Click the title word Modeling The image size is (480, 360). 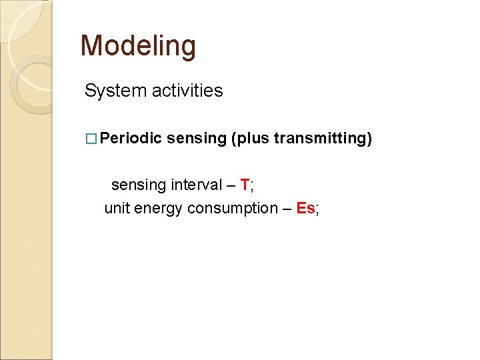pyautogui.click(x=138, y=46)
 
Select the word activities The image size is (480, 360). pyautogui.click(x=187, y=91)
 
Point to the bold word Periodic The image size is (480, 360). pyautogui.click(x=132, y=138)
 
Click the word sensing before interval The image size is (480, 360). pyautogui.click(x=139, y=184)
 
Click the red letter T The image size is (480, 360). pyautogui.click(x=245, y=183)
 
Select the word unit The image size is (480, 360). pyautogui.click(x=117, y=208)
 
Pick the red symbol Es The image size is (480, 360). pyautogui.click(x=306, y=208)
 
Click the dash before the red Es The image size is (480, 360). pyautogui.click(x=287, y=209)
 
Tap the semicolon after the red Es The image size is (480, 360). pyautogui.click(x=317, y=209)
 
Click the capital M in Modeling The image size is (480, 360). pyautogui.click(x=92, y=46)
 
